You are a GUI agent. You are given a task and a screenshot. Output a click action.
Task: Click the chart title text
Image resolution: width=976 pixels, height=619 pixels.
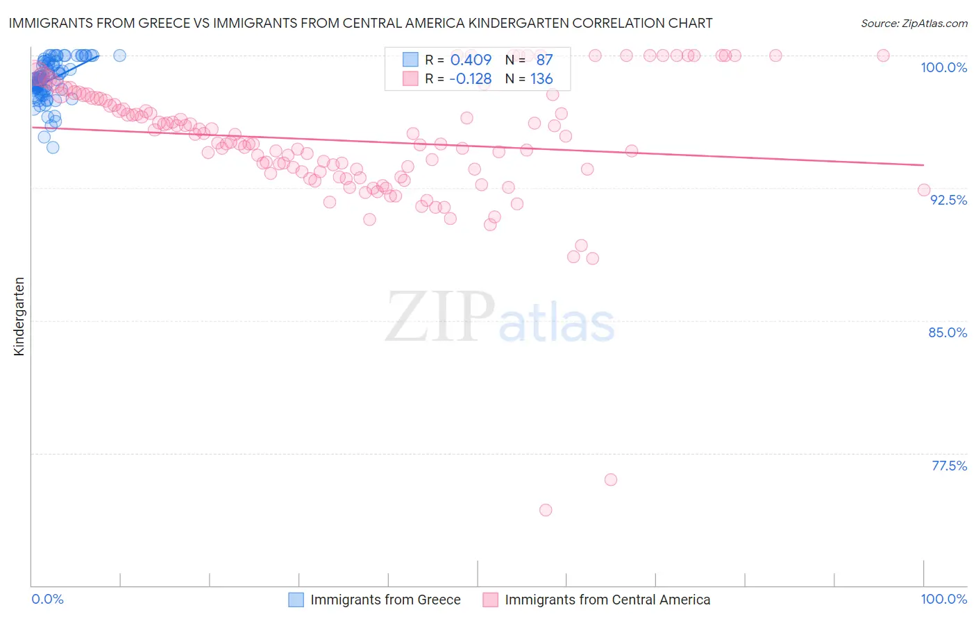(360, 23)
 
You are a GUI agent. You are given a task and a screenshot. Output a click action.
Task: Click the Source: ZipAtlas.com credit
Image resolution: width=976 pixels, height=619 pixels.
(914, 23)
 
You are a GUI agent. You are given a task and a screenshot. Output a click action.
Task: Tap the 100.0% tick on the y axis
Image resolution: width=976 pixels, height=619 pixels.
(943, 67)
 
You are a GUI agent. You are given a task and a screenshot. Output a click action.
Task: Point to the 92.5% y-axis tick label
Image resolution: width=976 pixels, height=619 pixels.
(948, 200)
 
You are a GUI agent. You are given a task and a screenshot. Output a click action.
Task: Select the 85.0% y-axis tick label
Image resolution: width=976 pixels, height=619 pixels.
(948, 332)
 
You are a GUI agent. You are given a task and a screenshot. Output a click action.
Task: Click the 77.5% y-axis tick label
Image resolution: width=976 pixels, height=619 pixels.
(949, 466)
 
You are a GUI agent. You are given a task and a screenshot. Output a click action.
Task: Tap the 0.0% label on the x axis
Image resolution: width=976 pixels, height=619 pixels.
(47, 599)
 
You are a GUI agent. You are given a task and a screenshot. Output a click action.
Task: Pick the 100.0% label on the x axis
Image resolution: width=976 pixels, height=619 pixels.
(943, 599)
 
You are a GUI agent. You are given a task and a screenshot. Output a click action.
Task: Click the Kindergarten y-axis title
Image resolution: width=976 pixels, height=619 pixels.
(19, 316)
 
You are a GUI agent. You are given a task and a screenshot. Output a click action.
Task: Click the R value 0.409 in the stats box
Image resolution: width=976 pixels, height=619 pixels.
(471, 60)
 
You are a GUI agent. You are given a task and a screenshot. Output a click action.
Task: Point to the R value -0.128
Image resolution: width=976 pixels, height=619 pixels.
(470, 79)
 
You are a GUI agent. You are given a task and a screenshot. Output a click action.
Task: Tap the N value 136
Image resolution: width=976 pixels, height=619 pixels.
(541, 79)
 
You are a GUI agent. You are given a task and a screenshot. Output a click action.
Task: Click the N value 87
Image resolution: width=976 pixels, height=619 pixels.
(544, 60)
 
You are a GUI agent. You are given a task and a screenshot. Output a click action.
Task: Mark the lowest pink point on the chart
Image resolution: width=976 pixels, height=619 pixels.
(546, 510)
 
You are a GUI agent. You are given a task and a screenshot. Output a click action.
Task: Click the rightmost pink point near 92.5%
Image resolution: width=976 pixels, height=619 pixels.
(924, 190)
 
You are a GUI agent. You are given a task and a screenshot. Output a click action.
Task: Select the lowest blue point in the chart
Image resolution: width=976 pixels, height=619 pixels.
(53, 147)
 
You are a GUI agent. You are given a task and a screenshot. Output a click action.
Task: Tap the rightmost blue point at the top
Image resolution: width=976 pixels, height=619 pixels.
(119, 56)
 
